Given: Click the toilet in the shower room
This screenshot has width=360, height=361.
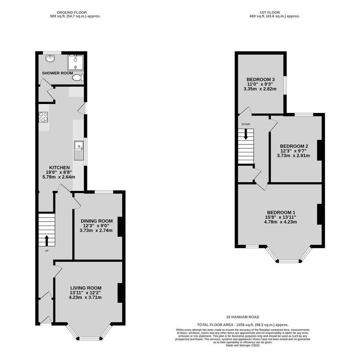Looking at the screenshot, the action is coord(78,78).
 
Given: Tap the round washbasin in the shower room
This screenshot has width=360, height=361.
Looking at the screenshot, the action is coord(50,59).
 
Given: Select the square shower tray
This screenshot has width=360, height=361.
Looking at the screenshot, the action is coord(76,63).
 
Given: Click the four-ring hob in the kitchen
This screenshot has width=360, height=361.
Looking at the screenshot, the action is coord(43,117).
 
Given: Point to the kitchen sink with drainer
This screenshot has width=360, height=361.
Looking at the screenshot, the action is coord(79,150).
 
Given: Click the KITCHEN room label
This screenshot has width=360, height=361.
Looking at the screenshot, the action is coord(59,167).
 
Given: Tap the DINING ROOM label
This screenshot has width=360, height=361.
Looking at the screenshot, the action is coord(97,221).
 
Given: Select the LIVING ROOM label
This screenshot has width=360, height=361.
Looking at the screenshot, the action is coord(86,288).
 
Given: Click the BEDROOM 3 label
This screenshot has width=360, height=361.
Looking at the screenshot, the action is coord(260,80).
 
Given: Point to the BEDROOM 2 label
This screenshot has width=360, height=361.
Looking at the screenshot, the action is coord(294,146).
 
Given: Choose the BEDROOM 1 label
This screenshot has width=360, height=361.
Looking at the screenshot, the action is coord(281,213).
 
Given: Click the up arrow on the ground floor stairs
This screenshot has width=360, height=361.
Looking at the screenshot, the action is coord(47,241).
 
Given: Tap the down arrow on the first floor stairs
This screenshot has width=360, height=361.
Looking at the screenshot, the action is coord(246,134).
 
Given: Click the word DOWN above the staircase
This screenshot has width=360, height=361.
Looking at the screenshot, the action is coord(246,124).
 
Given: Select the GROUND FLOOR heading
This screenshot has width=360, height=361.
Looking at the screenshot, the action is coord(72,12).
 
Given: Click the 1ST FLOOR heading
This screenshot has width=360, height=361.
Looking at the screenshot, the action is coord(270,12).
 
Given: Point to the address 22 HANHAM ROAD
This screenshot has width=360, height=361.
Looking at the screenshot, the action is coord(243,317).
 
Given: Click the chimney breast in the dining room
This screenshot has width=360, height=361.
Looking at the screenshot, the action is coord(120,227).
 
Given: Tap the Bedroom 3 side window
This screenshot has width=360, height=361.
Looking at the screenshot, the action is coord(285,85).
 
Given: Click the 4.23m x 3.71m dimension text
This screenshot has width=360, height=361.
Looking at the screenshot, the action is coord(85,297).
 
